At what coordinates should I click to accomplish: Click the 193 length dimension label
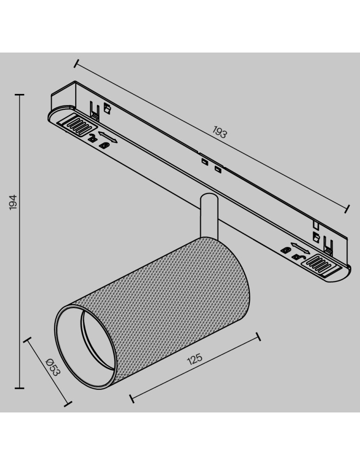coord(220,133)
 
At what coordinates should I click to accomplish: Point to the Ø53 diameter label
coord(53,367)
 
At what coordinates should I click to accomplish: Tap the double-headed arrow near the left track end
coord(108,137)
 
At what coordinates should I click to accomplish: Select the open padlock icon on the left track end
coord(93,138)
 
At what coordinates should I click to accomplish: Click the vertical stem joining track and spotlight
coord(207,216)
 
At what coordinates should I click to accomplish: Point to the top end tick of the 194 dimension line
coord(19,95)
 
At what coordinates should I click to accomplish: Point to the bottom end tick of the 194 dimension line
coord(19,387)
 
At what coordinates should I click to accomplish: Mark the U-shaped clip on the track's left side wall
coord(95,111)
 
